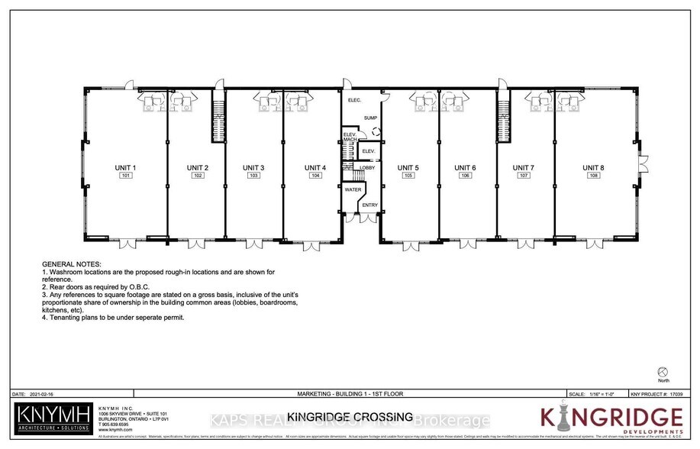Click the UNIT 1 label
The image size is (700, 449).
click(x=125, y=167)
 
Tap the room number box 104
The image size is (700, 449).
click(x=315, y=176)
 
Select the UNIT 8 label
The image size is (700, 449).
click(x=593, y=167)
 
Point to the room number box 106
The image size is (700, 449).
click(x=465, y=176)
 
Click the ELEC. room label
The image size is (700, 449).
click(x=354, y=101)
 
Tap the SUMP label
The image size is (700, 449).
click(x=370, y=118)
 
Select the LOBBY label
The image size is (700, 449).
click(x=366, y=167)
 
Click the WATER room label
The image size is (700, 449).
click(x=353, y=189)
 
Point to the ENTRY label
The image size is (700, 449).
click(x=369, y=205)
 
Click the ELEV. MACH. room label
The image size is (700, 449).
click(x=349, y=137)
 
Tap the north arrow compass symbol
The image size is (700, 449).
click(x=662, y=370)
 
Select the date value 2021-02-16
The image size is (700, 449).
click(x=44, y=394)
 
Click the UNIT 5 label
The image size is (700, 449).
click(x=408, y=167)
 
